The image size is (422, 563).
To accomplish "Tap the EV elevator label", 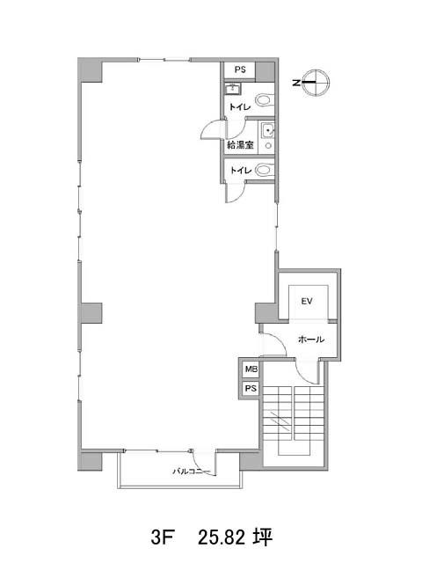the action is [x=307, y=301].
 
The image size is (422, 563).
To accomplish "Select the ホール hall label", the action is [x=311, y=340].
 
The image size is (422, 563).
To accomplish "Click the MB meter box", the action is [x=251, y=369].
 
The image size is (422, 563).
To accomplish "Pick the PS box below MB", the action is [x=251, y=388].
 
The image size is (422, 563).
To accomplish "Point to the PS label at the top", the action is [x=240, y=69].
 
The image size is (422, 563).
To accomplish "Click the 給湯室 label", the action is [x=240, y=145].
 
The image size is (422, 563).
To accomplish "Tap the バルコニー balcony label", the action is [x=191, y=472].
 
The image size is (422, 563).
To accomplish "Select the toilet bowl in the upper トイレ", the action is [x=265, y=99].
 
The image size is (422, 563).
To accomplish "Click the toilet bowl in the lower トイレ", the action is [x=265, y=169].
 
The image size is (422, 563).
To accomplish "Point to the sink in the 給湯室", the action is [x=267, y=130].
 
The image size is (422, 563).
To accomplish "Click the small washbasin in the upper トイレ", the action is [x=233, y=88].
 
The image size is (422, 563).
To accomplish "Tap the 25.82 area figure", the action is [x=222, y=537].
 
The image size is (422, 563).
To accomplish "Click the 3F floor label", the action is [x=162, y=537].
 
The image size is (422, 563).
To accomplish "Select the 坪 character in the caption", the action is [x=262, y=537].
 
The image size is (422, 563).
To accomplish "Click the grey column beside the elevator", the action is [x=266, y=313].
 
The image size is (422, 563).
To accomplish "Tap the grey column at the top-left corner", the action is [x=90, y=70].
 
